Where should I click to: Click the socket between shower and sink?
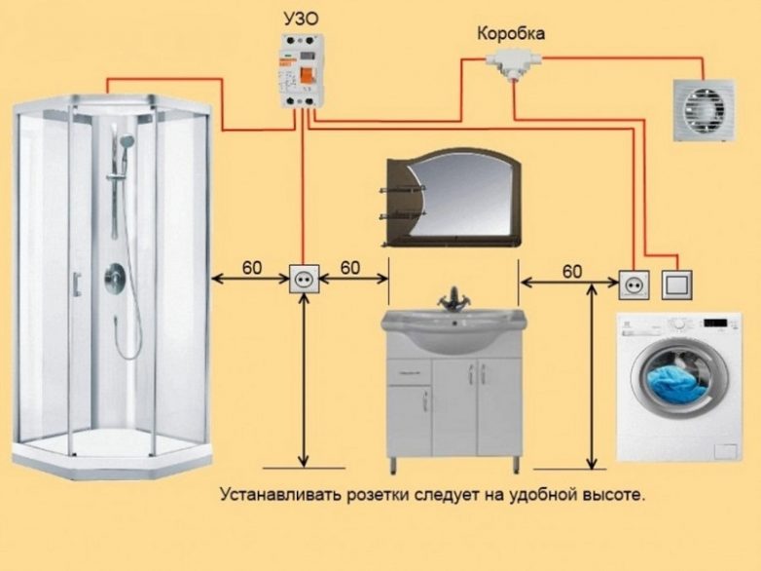tap(304, 280)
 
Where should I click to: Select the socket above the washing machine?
tap(634, 285)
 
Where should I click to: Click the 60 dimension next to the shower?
tap(251, 267)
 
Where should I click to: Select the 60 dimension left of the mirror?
tap(350, 267)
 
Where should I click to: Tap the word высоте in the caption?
tap(616, 495)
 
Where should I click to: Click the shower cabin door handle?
tap(77, 284)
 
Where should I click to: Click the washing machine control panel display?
tap(715, 322)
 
